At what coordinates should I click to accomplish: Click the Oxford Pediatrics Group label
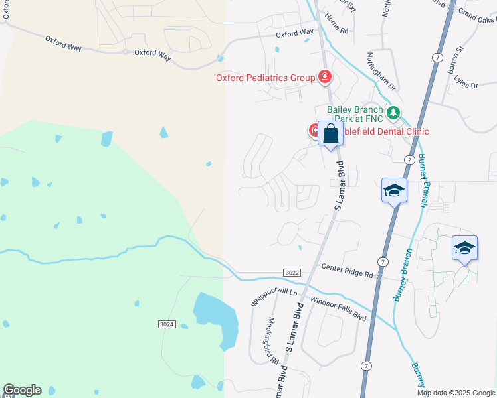[x=264, y=78]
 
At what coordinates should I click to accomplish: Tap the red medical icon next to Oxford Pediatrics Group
[x=325, y=78]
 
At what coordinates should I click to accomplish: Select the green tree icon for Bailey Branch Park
[x=393, y=113]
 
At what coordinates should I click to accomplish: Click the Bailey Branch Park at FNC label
[x=355, y=114]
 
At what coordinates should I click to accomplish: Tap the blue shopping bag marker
[x=330, y=134]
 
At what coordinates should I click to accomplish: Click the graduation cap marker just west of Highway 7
[x=394, y=191]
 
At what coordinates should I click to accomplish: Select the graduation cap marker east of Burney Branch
[x=464, y=248]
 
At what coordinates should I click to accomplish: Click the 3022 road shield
[x=291, y=272]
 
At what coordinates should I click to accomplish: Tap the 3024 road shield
[x=167, y=324]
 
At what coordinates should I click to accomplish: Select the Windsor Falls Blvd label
[x=339, y=309]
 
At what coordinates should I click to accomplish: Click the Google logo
[x=22, y=390]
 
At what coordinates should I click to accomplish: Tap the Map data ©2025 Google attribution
[x=455, y=393]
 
